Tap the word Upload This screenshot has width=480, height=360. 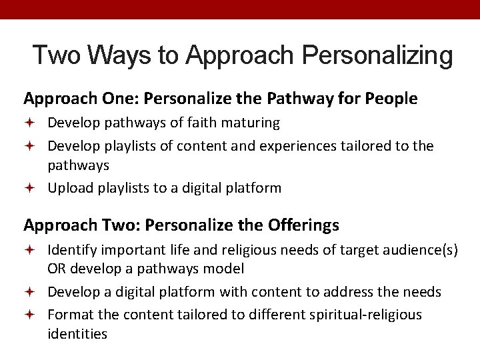tap(69, 188)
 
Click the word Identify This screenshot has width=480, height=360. tap(71, 249)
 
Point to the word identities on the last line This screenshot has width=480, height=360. tap(77, 333)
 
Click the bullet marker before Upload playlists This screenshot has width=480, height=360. tap(33, 188)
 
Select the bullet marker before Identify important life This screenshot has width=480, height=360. tap(33, 249)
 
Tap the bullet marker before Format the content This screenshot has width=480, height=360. tap(33, 314)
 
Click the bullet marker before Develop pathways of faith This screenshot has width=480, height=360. tap(33, 123)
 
